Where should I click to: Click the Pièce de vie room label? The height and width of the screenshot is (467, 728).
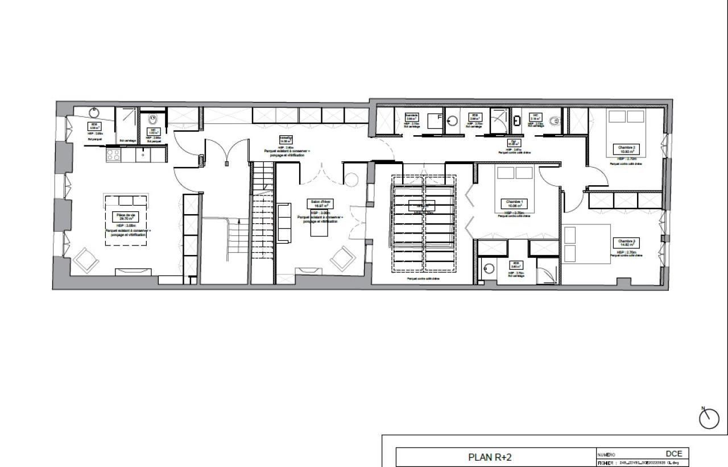tap(126, 216)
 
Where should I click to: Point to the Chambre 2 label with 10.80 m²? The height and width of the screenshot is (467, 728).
tap(626, 149)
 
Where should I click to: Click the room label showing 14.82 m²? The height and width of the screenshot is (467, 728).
tap(626, 243)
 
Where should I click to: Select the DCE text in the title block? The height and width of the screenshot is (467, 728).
tap(674, 453)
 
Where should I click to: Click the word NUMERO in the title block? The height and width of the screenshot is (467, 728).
tap(606, 455)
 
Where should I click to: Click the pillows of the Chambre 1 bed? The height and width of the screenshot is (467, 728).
tap(516, 173)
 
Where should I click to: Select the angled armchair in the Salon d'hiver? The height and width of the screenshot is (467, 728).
tap(343, 258)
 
